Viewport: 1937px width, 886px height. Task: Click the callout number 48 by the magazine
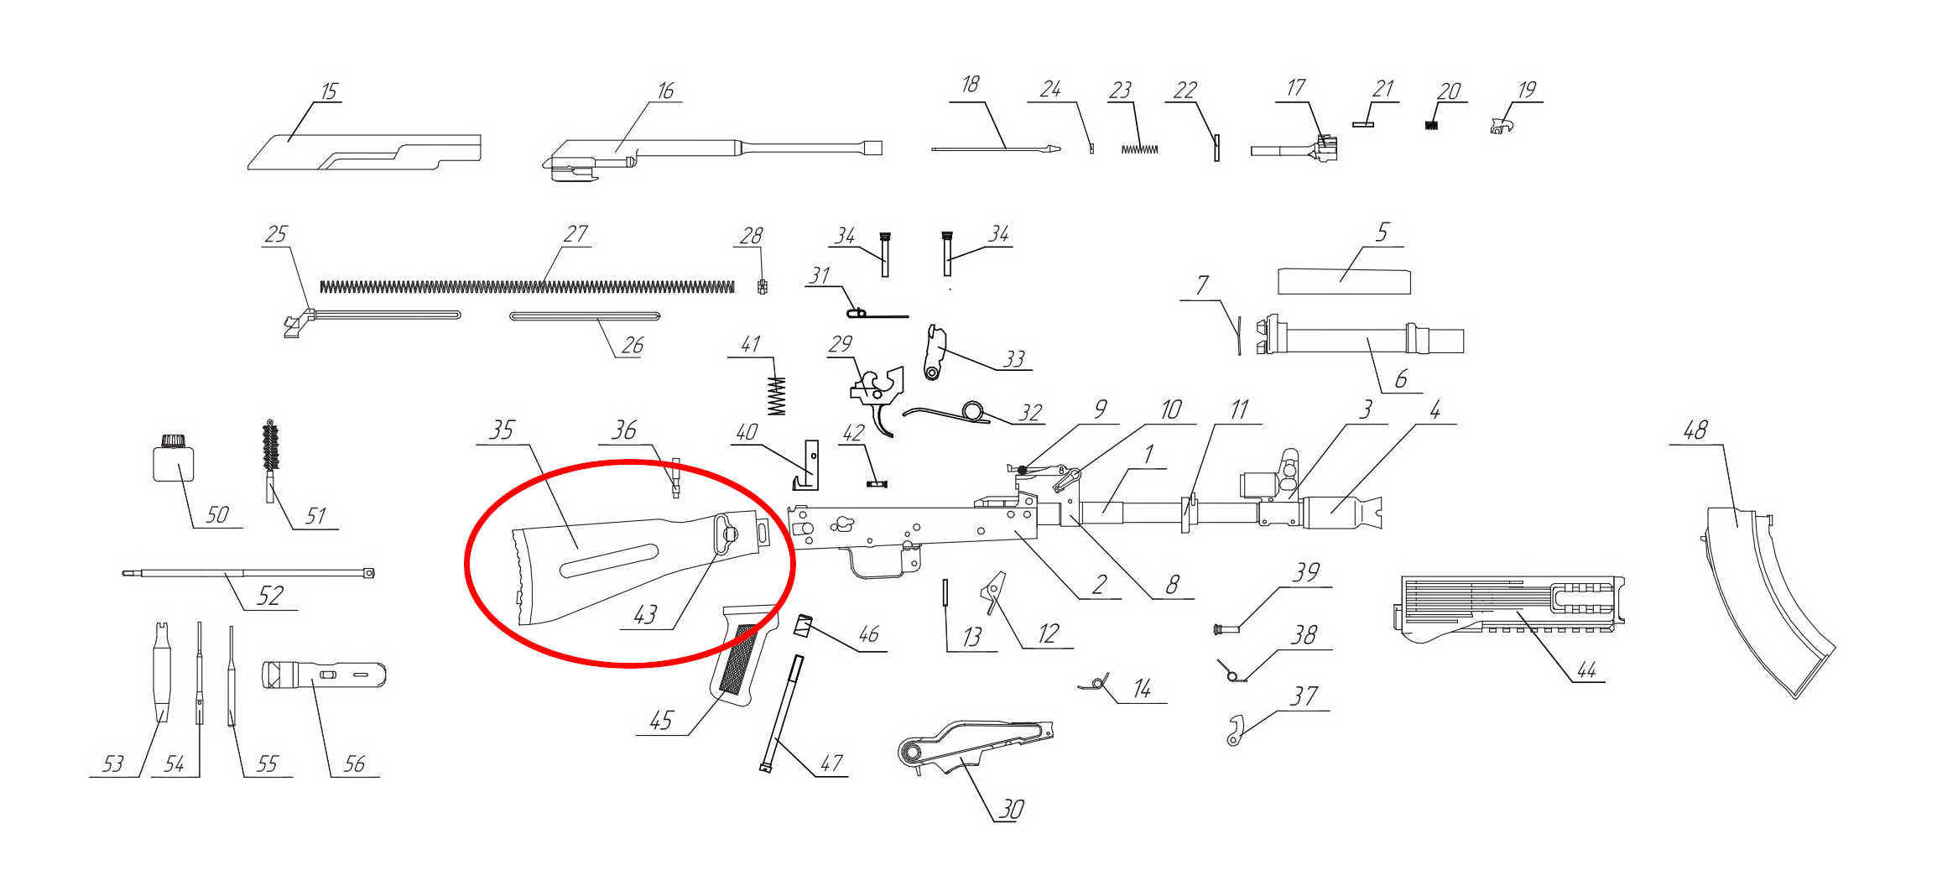click(x=1695, y=431)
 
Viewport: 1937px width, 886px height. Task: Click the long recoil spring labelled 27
click(x=527, y=287)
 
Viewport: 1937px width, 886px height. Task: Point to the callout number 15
click(x=329, y=91)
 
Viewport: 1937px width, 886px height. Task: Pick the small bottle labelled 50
click(x=174, y=458)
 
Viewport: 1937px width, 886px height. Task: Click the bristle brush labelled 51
click(x=270, y=461)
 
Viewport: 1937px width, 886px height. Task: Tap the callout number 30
click(x=1011, y=810)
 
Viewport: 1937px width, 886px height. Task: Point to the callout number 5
click(x=1382, y=232)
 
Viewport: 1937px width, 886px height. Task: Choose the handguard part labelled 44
click(x=1510, y=608)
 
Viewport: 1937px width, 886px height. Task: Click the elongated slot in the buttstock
click(x=610, y=560)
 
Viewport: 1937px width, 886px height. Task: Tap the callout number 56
click(x=354, y=764)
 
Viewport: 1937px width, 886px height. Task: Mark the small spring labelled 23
click(x=1139, y=149)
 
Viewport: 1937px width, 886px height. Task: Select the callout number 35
click(x=502, y=430)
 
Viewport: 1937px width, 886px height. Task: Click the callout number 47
click(x=831, y=764)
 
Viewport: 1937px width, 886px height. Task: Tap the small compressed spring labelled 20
click(x=1432, y=126)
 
